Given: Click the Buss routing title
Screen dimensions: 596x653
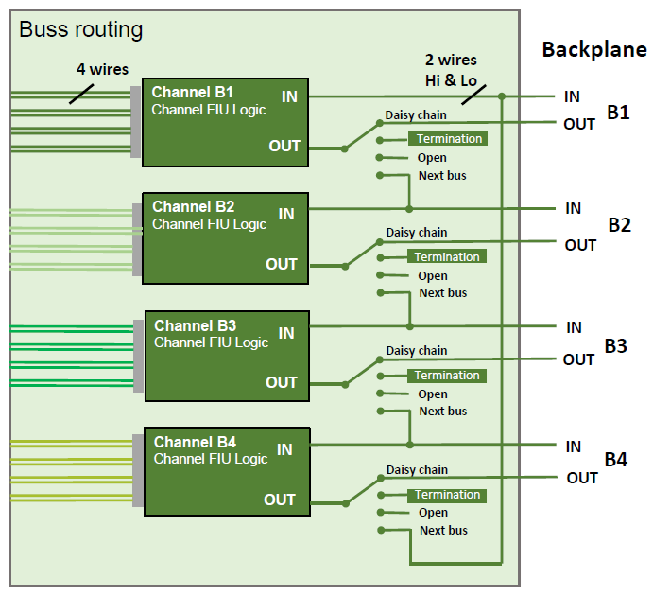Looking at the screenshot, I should click(x=81, y=30).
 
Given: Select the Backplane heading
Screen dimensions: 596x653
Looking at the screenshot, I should click(x=593, y=50).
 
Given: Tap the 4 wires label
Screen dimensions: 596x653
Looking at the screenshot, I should click(x=102, y=69).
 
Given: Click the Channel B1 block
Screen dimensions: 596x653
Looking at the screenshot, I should click(x=226, y=122).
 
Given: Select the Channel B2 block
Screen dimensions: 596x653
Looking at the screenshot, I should click(x=225, y=237).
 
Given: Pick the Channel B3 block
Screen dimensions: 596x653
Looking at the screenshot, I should click(x=227, y=355).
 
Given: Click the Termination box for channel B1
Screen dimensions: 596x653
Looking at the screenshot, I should click(x=447, y=139).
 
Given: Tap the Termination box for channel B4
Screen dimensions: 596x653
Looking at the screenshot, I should click(x=447, y=495).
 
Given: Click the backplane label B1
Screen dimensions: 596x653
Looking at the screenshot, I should click(x=618, y=113).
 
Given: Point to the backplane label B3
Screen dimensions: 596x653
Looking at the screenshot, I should click(x=615, y=346).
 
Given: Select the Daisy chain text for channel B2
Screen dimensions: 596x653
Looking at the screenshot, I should click(x=417, y=233).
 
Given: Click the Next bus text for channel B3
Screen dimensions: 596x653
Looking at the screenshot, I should click(x=443, y=412).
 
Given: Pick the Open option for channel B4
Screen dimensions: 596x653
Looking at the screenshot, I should click(x=434, y=513).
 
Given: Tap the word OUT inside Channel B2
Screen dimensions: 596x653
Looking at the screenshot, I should click(x=282, y=264).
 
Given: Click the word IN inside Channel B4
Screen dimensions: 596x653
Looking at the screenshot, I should click(x=284, y=450).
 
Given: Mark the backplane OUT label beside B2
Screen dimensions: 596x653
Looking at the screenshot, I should click(x=580, y=245).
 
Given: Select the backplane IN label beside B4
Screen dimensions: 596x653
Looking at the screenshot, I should click(x=573, y=447).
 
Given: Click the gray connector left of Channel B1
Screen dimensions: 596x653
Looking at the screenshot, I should click(x=136, y=122).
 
